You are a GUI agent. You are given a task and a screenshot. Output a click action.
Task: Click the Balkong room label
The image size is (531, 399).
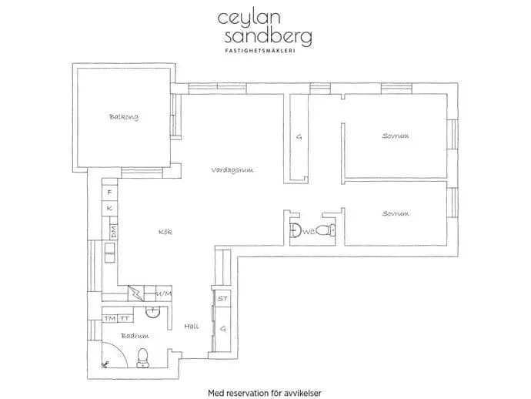(x=124, y=117)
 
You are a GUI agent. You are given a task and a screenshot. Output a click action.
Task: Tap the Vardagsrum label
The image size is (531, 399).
(x=232, y=169)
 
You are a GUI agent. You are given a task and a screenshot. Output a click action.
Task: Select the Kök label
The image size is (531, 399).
(x=165, y=232)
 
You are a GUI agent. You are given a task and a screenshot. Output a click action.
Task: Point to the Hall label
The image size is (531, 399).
(x=192, y=326)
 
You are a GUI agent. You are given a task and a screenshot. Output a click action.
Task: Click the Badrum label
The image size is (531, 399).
(x=135, y=336)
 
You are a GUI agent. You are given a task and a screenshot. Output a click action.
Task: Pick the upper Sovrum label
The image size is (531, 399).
(x=396, y=136)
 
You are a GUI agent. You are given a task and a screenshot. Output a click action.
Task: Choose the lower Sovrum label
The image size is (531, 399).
(x=396, y=213)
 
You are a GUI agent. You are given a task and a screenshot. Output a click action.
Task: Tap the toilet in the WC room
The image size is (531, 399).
(x=326, y=230)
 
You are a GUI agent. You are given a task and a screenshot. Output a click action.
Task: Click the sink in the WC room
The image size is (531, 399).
(x=296, y=231)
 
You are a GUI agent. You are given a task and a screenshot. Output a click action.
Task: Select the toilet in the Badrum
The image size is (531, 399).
(x=142, y=358)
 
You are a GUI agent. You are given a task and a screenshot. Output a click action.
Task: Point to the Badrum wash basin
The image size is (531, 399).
(x=152, y=312)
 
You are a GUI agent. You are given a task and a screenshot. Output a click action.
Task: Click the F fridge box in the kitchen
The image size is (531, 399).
(x=109, y=193)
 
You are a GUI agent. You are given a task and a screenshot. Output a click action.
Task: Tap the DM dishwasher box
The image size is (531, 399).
(x=113, y=232)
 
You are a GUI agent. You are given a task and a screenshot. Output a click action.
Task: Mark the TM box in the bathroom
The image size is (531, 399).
(x=110, y=318)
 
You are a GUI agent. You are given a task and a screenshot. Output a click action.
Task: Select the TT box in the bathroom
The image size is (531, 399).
(x=125, y=318)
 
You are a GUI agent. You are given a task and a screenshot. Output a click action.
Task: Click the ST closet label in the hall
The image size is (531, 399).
(x=222, y=299)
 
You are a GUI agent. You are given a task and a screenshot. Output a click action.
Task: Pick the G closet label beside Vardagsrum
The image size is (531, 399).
(x=299, y=137)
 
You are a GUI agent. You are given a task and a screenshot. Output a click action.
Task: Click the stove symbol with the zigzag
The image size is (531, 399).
(x=136, y=293)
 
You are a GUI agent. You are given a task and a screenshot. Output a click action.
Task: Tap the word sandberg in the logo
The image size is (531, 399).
(x=268, y=37)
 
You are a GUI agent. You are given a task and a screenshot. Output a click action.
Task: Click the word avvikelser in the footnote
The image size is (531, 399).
(x=304, y=394)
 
